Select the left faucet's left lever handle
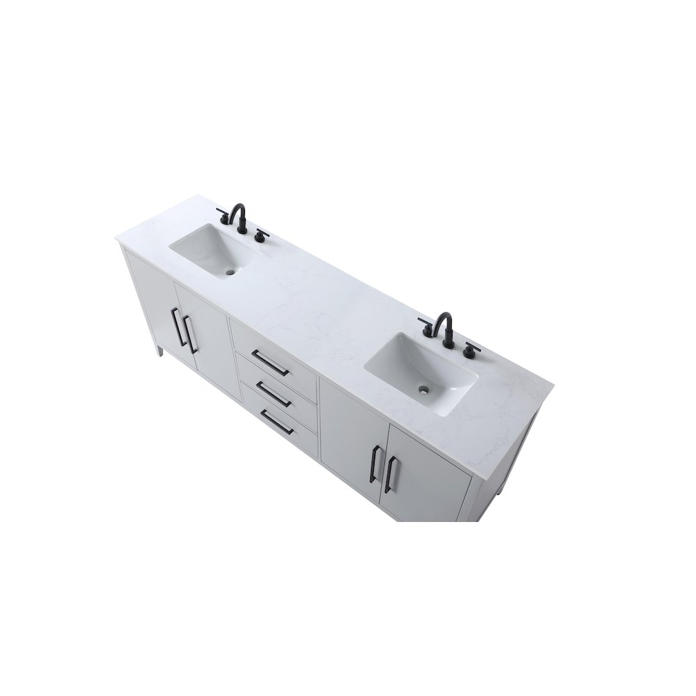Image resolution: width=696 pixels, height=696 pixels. click(x=222, y=212)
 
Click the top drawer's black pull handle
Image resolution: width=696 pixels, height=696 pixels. click(x=271, y=361)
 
